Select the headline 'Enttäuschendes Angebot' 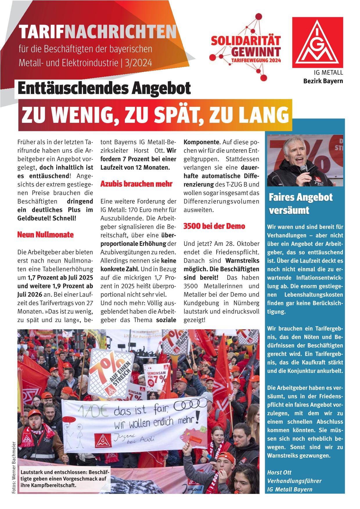pyautogui.click(x=104, y=88)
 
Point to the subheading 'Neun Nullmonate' pyautogui.click(x=46, y=235)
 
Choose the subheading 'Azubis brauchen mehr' pyautogui.click(x=136, y=184)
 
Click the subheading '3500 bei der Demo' pyautogui.click(x=214, y=226)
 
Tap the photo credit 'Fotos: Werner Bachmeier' pyautogui.click(x=13, y=467)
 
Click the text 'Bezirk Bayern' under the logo pyautogui.click(x=323, y=81)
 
